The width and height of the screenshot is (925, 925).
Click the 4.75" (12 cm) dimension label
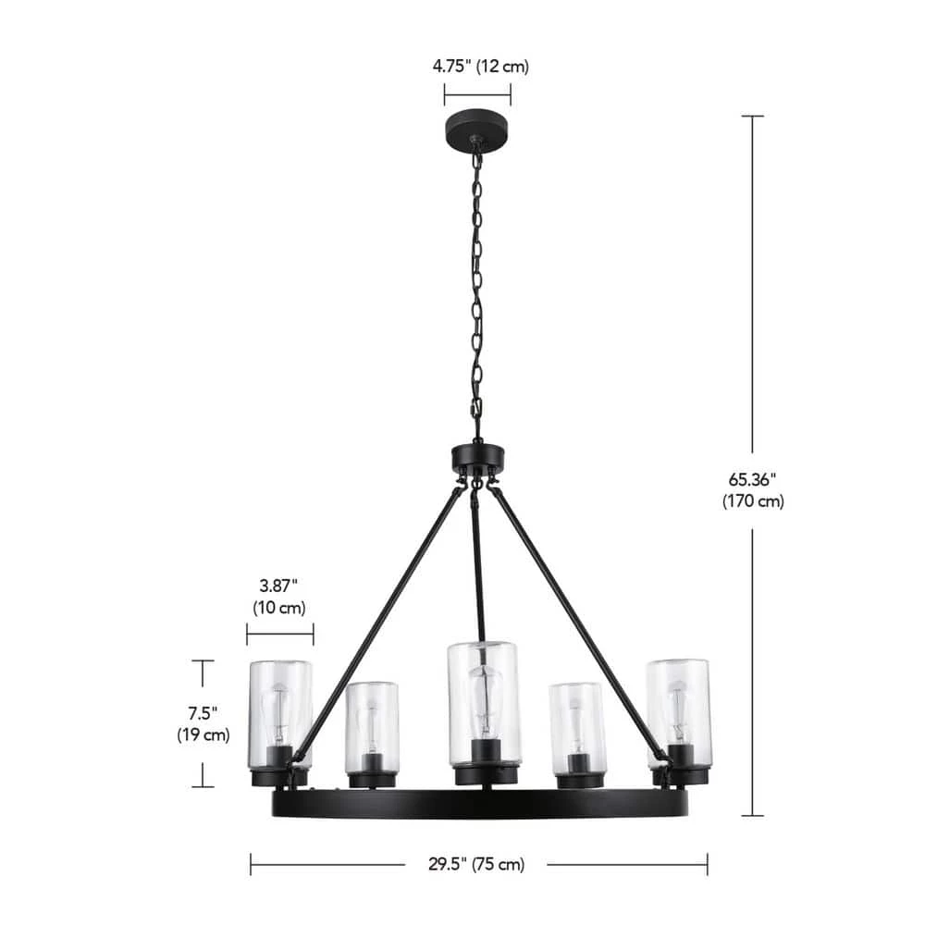click(480, 66)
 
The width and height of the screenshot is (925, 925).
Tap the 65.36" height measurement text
click(752, 479)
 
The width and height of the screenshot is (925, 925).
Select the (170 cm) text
click(753, 501)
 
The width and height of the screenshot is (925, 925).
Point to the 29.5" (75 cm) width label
click(476, 864)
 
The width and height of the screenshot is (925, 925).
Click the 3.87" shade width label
click(278, 586)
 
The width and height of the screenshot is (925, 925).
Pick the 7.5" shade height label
click(203, 713)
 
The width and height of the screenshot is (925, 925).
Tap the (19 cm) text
click(203, 735)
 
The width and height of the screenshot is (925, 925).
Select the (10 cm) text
click(279, 608)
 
